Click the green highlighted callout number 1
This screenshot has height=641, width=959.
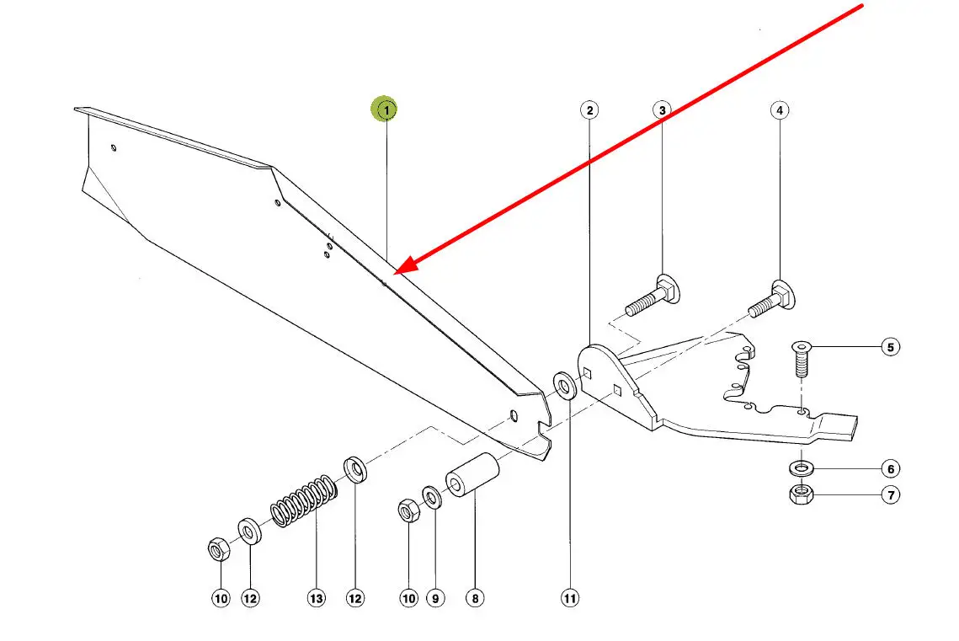pos(386,109)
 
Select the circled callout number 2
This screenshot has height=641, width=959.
pos(589,110)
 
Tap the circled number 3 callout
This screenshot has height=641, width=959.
pos(662,110)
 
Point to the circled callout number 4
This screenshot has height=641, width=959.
pos(779,110)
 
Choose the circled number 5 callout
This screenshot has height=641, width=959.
pos(890,346)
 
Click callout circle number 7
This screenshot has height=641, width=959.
pos(890,494)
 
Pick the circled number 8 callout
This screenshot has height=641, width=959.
pos(474,598)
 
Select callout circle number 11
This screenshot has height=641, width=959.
pos(570,598)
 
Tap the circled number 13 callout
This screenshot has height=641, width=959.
pos(316,598)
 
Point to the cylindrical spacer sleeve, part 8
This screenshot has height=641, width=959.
pos(472,476)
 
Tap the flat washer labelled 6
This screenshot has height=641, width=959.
pos(800,467)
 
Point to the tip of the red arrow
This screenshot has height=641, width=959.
pos(395,273)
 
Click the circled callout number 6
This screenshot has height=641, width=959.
pos(890,468)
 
